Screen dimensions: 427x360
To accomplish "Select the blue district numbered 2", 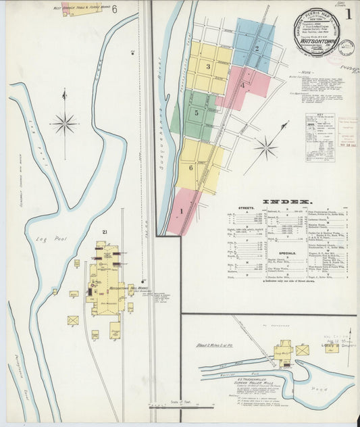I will coord(257,48).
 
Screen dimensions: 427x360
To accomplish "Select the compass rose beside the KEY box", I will coord(266,148).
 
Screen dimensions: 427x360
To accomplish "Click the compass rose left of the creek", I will coord(65,123).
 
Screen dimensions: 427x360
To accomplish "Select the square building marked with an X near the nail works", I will coord(73,320).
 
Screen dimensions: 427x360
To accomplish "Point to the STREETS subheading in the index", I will coord(245,209).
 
